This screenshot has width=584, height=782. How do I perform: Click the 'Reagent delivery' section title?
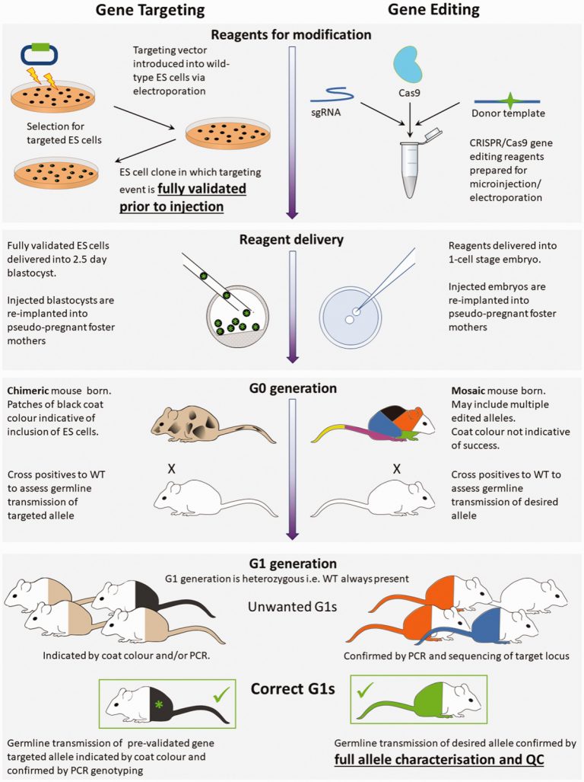[291, 241]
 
